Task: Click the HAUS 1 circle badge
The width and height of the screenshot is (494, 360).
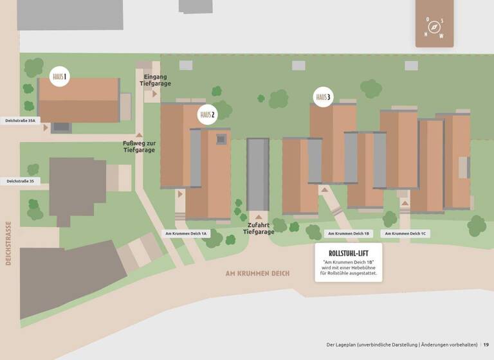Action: click(60, 77)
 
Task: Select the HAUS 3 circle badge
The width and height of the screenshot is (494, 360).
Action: click(324, 97)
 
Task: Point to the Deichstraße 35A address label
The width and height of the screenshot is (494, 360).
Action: click(20, 120)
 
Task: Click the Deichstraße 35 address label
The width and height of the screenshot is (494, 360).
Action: click(20, 181)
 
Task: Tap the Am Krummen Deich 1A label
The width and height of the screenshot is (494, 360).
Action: click(186, 233)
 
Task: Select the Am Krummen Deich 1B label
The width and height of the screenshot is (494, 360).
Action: click(348, 233)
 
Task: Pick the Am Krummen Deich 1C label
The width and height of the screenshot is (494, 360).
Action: click(405, 233)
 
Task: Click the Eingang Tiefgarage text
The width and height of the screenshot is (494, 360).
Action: click(156, 80)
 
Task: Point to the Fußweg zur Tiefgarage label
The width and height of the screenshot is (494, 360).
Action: click(139, 147)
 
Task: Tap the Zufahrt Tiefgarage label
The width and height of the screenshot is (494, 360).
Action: click(259, 228)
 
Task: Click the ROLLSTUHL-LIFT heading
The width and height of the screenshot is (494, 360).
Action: click(348, 253)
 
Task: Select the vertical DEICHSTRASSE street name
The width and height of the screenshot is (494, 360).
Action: click(8, 244)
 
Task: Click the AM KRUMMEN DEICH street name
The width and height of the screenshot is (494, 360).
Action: click(257, 273)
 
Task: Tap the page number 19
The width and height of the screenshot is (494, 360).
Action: click(486, 345)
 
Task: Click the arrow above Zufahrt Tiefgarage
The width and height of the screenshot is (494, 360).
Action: click(259, 217)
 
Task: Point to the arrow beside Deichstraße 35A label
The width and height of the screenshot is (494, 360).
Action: click(46, 127)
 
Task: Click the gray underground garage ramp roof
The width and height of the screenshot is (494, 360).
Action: click(258, 174)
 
